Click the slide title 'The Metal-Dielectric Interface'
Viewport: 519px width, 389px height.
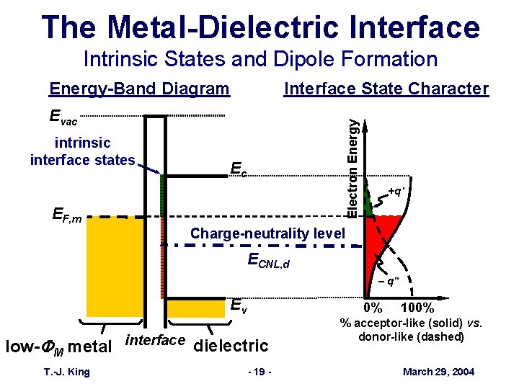click(x=260, y=27)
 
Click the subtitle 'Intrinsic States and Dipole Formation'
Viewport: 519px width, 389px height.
click(x=260, y=59)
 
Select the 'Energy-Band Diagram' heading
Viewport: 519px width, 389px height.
click(x=139, y=89)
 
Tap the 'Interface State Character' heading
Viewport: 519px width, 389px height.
click(x=386, y=89)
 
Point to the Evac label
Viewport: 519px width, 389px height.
click(x=63, y=117)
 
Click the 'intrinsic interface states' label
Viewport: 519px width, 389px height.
click(x=82, y=152)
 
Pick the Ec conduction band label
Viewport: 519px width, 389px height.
click(x=239, y=169)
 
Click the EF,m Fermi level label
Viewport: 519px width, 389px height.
click(x=67, y=215)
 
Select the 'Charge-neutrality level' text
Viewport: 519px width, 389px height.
click(x=267, y=233)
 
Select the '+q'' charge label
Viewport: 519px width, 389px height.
click(x=397, y=191)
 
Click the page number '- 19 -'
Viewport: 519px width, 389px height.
click(x=257, y=371)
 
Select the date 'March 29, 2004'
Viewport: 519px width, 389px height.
click(x=438, y=371)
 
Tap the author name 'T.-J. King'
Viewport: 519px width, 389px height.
click(x=66, y=371)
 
